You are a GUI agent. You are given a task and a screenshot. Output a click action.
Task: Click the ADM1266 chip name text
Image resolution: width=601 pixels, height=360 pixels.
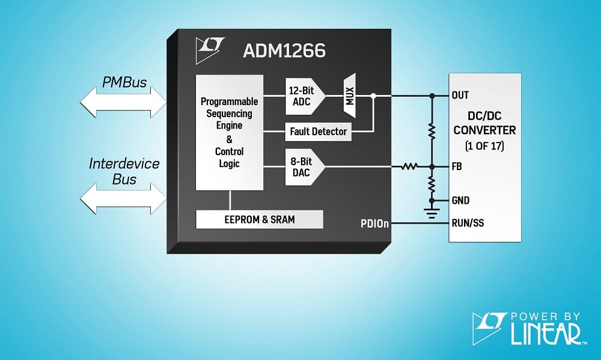coord(284,51)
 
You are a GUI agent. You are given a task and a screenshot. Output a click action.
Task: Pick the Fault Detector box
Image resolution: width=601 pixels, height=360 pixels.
coord(318,131)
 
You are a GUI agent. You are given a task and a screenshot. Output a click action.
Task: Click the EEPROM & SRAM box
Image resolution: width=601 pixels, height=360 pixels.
coord(260,219)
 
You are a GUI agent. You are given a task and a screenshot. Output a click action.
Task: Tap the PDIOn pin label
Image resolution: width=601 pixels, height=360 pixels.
coord(375,224)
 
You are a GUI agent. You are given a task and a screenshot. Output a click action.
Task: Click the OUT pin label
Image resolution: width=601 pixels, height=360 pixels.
coord(460,95)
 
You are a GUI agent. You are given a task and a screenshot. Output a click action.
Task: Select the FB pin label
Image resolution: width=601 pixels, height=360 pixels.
coord(457,166)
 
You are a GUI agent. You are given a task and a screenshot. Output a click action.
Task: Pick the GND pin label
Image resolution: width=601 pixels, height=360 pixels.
coord(460,201)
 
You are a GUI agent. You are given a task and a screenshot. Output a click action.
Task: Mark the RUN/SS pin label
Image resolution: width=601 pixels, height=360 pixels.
coord(468,224)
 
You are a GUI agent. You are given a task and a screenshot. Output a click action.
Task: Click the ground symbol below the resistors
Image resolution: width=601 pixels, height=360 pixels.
coord(432,212)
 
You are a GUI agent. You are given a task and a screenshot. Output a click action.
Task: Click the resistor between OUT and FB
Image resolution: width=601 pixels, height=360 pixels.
coord(432,130)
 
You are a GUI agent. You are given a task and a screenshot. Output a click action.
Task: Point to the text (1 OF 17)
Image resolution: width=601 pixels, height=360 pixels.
coord(484,145)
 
